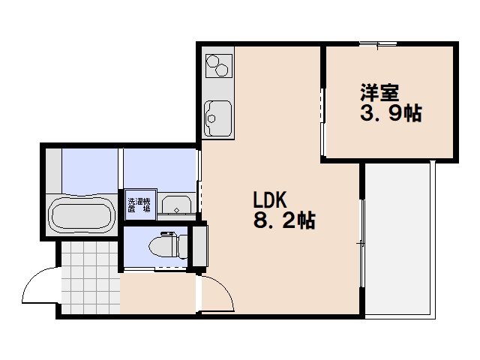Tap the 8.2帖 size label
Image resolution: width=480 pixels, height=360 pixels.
[x=283, y=221]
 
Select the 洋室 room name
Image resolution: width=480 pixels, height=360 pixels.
[x=378, y=94]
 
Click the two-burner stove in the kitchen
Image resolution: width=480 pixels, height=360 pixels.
[x=217, y=65]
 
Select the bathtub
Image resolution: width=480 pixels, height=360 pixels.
[x=80, y=216]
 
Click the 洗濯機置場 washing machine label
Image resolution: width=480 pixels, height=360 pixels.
[x=138, y=205]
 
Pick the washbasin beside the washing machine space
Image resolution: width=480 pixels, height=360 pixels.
[x=177, y=205]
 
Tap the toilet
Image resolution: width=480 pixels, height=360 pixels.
[x=166, y=245]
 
